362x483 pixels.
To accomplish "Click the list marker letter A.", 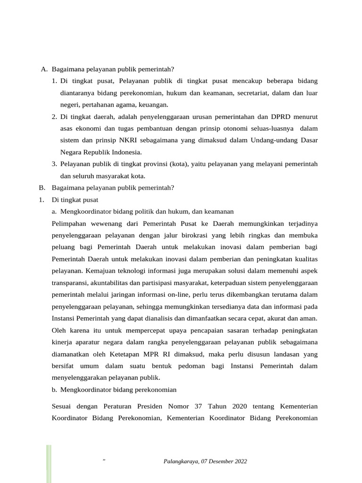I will (x=43, y=69).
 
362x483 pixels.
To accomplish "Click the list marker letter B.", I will (x=41, y=188).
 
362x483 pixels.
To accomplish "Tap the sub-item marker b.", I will (x=55, y=390).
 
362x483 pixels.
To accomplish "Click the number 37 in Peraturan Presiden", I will (x=198, y=406).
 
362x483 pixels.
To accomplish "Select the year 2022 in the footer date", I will (x=240, y=461).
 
